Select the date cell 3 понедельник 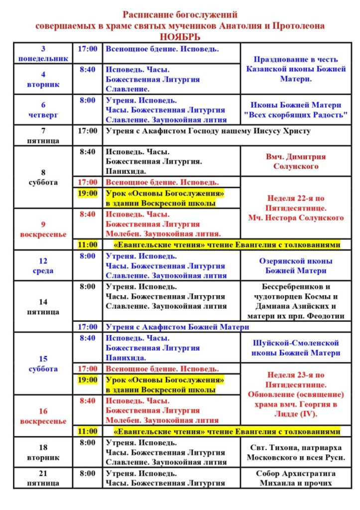coord(43,54)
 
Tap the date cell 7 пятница coord(43,136)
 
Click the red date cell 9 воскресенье coord(43,229)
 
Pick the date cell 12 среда coord(43,266)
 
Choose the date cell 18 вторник coord(43,452)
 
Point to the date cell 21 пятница coord(43,478)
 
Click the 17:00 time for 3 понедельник coord(88,49)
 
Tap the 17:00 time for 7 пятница coord(88,131)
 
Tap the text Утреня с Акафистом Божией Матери coord(177,327)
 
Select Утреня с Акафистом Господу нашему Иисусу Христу coord(208,131)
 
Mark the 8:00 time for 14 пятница coord(88,287)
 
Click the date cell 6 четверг coord(43,110)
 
